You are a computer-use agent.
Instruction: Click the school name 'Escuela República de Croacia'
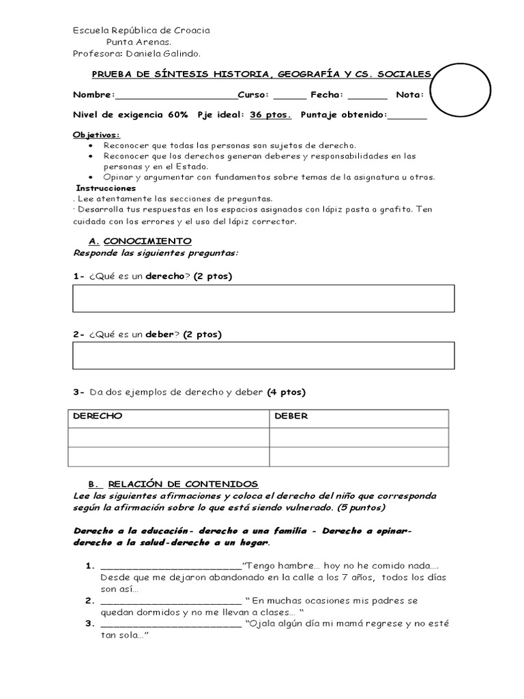(141, 30)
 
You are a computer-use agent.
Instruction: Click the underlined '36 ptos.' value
(270, 115)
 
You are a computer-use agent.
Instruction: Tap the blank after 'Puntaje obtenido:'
(407, 115)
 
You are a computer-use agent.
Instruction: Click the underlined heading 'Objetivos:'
(96, 135)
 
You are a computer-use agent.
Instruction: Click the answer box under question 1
(263, 298)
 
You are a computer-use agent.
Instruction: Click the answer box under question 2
(263, 355)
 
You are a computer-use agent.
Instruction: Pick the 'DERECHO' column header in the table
(98, 416)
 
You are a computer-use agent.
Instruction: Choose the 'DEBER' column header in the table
(291, 416)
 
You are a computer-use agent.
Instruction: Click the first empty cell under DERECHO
(169, 438)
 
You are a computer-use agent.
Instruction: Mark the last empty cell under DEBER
(359, 457)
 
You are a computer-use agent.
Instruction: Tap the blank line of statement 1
(171, 566)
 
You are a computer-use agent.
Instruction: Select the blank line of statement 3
(171, 624)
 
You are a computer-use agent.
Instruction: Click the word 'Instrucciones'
(106, 188)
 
